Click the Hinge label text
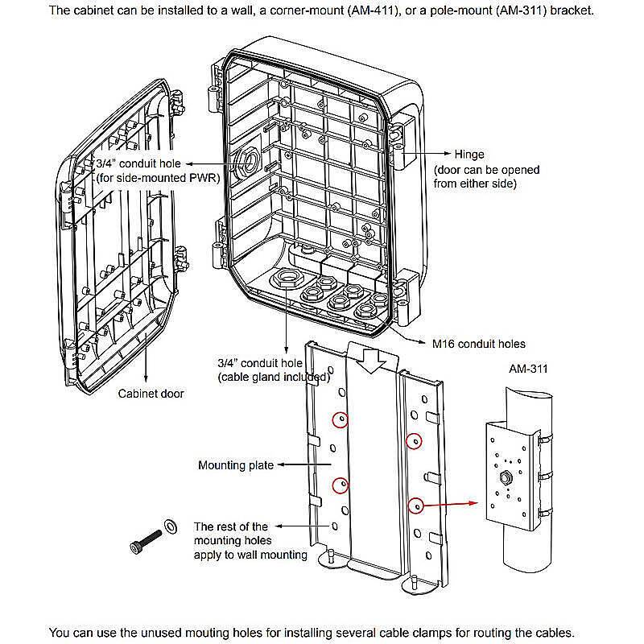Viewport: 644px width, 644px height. [471, 154]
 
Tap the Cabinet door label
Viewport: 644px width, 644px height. [151, 394]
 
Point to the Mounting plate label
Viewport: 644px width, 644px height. [236, 465]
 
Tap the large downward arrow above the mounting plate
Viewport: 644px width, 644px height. [371, 360]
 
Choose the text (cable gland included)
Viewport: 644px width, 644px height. [274, 377]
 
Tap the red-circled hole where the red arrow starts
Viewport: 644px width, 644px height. [416, 506]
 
